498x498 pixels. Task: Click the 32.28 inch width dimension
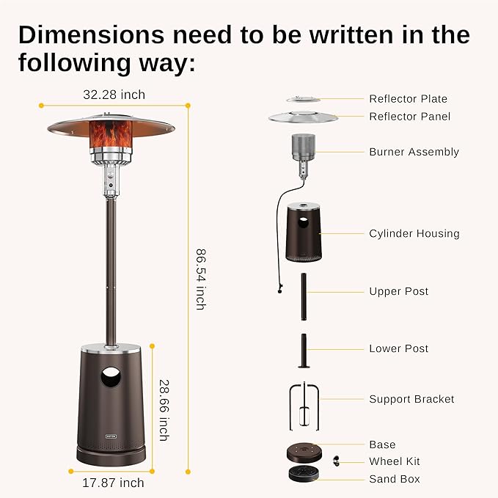pos(114,95)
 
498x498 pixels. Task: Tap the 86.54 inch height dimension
pos(199,279)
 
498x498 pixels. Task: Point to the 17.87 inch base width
pos(113,482)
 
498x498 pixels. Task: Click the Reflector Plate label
pos(408,99)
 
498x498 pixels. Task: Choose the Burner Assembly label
pos(414,152)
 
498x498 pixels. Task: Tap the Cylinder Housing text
pos(414,233)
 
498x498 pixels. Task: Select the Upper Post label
pos(398,291)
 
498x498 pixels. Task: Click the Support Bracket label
pos(411,399)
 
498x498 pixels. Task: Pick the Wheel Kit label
pos(395,461)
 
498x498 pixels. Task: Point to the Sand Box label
pos(395,479)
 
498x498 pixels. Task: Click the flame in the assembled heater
pos(111,133)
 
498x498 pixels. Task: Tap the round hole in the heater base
pos(111,378)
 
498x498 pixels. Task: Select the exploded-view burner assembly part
pos(302,153)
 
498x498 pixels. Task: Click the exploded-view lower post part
pos(303,351)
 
